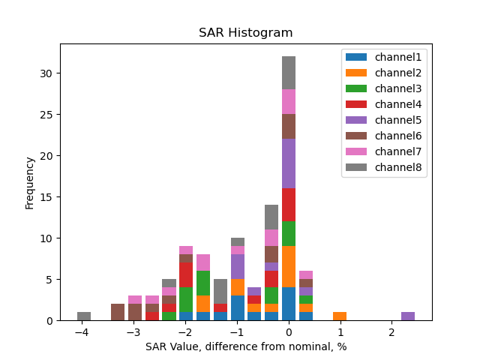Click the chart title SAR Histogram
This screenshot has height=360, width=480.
pos(245,33)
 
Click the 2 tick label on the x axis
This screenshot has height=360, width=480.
pos(391,332)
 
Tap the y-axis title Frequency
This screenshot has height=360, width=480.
pos(30,182)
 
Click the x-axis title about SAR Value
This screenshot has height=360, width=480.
pos(245,346)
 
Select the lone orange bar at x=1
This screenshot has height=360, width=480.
pos(340,316)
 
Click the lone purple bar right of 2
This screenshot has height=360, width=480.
pos(408,316)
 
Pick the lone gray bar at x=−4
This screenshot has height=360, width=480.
pos(84,316)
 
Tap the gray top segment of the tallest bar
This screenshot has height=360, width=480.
pos(289,73)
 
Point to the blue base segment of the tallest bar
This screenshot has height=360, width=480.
pos(289,304)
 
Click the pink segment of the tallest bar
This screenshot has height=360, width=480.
pos(289,102)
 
